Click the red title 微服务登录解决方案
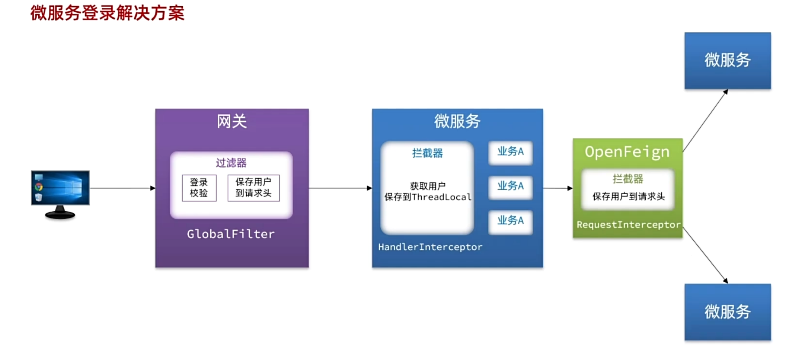tap(107, 13)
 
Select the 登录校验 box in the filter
tap(199, 188)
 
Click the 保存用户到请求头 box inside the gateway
tap(253, 188)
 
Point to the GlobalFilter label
tap(231, 234)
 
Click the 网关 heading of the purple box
tap(232, 121)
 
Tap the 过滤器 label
tap(231, 163)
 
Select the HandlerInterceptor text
tap(430, 247)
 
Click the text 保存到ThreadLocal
tap(428, 197)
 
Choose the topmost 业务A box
tap(510, 152)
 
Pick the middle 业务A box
tap(510, 187)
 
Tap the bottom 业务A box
tap(510, 221)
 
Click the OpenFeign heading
tap(627, 152)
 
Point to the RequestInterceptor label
tap(628, 225)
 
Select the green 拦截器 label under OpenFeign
tap(627, 179)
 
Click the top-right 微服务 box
tap(727, 60)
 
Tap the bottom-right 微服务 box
tap(727, 312)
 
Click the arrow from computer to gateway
tap(122, 188)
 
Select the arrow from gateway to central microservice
tap(340, 188)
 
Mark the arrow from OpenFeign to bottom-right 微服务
tap(705, 255)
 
